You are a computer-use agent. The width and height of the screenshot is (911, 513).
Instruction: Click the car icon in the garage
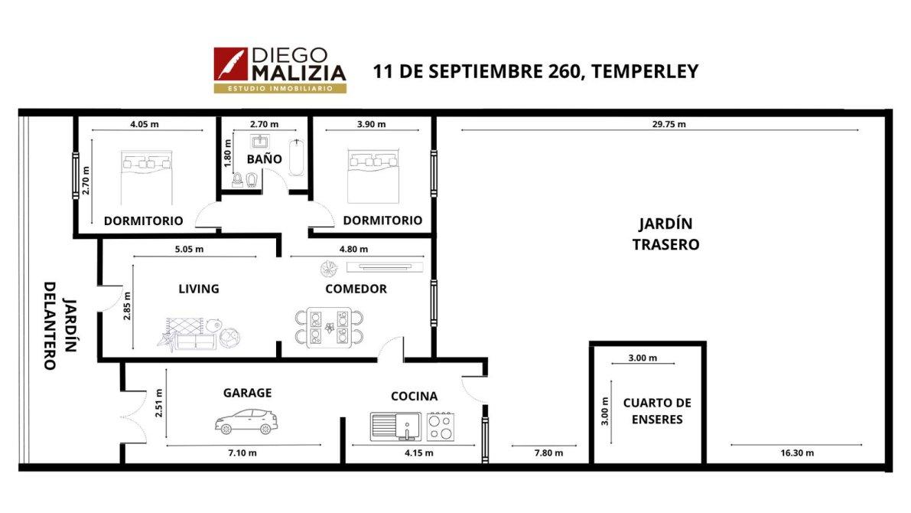(x=246, y=422)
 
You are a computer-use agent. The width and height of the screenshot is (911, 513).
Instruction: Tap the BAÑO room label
(x=265, y=158)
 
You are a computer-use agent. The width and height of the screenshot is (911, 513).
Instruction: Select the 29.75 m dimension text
(x=669, y=124)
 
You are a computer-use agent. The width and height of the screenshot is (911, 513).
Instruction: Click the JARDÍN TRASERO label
(x=665, y=234)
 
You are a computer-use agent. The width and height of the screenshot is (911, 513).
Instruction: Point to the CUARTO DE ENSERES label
(x=657, y=410)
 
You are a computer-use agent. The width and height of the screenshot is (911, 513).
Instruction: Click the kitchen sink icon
(x=395, y=426)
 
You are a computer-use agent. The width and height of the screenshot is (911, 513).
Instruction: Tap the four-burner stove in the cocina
(x=441, y=426)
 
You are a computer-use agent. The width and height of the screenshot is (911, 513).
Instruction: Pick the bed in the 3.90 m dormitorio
(x=373, y=175)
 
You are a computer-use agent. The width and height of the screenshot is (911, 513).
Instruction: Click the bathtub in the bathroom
(x=297, y=157)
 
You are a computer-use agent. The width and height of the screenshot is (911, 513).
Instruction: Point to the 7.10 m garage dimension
(x=242, y=453)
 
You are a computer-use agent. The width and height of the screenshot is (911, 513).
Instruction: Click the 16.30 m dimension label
(x=797, y=453)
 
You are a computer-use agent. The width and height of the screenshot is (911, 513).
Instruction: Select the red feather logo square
(x=231, y=64)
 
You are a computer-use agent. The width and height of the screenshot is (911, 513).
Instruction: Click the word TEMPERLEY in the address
(x=644, y=71)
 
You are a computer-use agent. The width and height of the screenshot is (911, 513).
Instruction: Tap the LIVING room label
(x=199, y=289)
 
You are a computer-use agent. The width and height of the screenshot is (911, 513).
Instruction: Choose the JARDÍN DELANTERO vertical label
(x=60, y=325)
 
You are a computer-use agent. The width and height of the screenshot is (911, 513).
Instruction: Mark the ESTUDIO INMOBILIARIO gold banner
(x=280, y=88)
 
